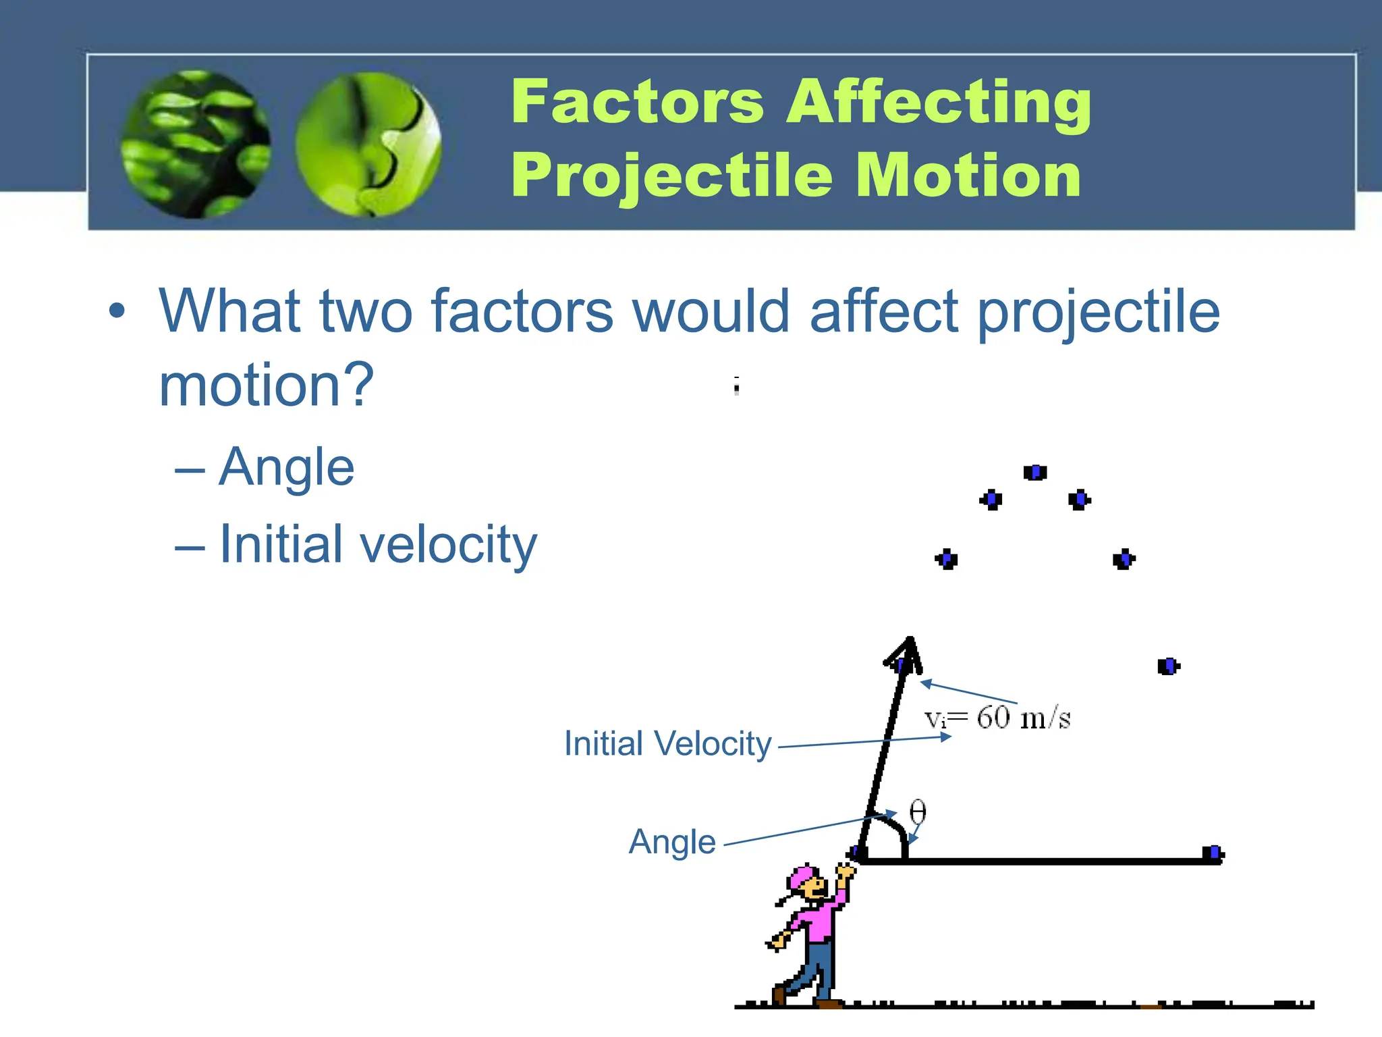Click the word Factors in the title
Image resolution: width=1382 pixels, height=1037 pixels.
click(637, 103)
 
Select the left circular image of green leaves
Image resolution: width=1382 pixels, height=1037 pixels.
click(196, 144)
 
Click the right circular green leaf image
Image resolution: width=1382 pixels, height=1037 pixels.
click(368, 144)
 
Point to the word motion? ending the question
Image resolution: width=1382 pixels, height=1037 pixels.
click(266, 385)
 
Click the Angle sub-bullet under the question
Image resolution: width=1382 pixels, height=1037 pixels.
click(286, 467)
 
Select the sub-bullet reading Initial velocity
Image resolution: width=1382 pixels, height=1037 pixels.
click(378, 544)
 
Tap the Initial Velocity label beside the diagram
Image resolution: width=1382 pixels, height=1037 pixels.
click(667, 744)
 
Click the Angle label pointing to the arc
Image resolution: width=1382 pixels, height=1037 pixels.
click(672, 842)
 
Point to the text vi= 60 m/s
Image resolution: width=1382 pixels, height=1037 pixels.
click(997, 718)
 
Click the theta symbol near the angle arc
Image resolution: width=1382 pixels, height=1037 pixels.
click(917, 812)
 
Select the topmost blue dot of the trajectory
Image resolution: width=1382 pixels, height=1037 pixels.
click(1034, 473)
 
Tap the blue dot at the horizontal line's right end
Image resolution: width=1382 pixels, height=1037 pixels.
click(1213, 853)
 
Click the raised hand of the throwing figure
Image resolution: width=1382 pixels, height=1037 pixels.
click(845, 872)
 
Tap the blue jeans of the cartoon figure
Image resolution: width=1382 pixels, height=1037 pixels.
click(818, 965)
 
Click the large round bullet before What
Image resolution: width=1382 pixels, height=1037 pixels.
click(117, 311)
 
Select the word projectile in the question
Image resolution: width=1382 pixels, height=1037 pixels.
click(1098, 312)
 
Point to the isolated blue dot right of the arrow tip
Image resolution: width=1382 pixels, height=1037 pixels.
click(1167, 666)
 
